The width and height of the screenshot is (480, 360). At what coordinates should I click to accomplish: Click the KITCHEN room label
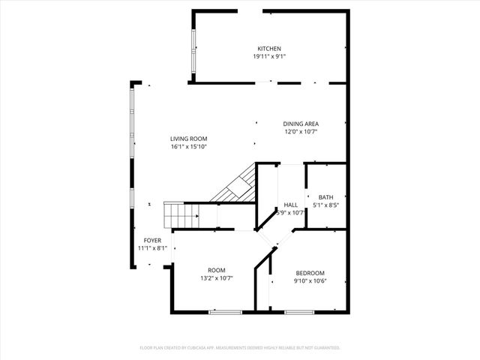point(269,49)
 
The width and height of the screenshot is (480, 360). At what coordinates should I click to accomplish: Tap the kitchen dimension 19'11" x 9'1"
point(269,56)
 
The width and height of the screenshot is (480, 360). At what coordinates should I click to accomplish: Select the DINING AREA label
point(301,124)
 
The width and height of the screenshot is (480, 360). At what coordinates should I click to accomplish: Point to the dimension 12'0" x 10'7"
point(301,131)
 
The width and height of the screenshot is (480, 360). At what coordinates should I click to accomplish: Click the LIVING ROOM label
point(188,139)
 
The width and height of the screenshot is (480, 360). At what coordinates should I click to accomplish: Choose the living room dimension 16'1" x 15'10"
point(188,146)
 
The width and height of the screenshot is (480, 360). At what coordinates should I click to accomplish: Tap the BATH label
point(325,197)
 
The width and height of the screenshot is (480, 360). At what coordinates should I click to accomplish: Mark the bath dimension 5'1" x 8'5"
point(325,205)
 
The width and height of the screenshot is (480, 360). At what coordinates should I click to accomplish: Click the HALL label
point(291,205)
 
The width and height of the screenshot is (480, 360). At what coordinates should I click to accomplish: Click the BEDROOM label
point(310,272)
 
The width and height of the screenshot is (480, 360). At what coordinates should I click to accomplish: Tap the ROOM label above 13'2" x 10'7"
point(217,270)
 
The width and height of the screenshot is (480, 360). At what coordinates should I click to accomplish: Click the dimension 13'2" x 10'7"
point(217,278)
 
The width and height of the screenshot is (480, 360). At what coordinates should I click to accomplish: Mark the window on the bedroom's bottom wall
point(298,311)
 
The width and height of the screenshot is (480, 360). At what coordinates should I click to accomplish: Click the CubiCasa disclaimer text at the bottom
point(240,348)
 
